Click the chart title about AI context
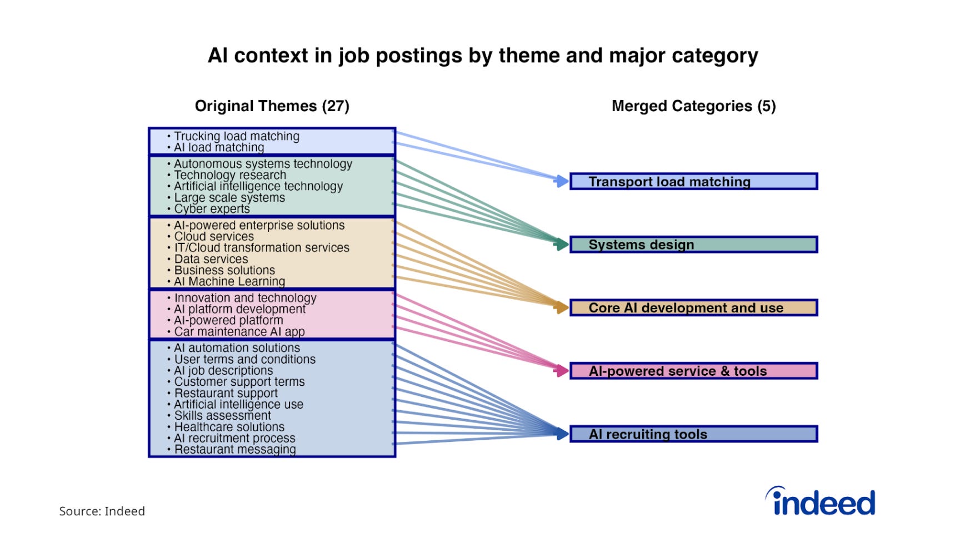click(x=483, y=56)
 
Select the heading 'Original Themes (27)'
click(x=272, y=106)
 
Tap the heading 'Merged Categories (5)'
click(x=693, y=106)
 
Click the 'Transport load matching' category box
click(x=693, y=182)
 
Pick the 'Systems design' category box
click(x=693, y=245)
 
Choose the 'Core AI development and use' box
click(x=693, y=308)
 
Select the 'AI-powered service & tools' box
click(x=693, y=371)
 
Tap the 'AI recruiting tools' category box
click(x=693, y=434)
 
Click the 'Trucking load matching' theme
click(x=236, y=136)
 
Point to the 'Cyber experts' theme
click(x=212, y=209)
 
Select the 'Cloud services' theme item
click(x=214, y=236)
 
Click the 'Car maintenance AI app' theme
click(x=239, y=332)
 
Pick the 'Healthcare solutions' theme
click(x=229, y=427)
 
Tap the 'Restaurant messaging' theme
click(x=235, y=449)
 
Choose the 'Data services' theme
click(x=211, y=259)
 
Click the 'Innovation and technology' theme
click(x=245, y=298)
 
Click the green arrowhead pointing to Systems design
click(x=562, y=244)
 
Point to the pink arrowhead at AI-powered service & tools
click(x=562, y=370)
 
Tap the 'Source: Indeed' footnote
click(x=102, y=511)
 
